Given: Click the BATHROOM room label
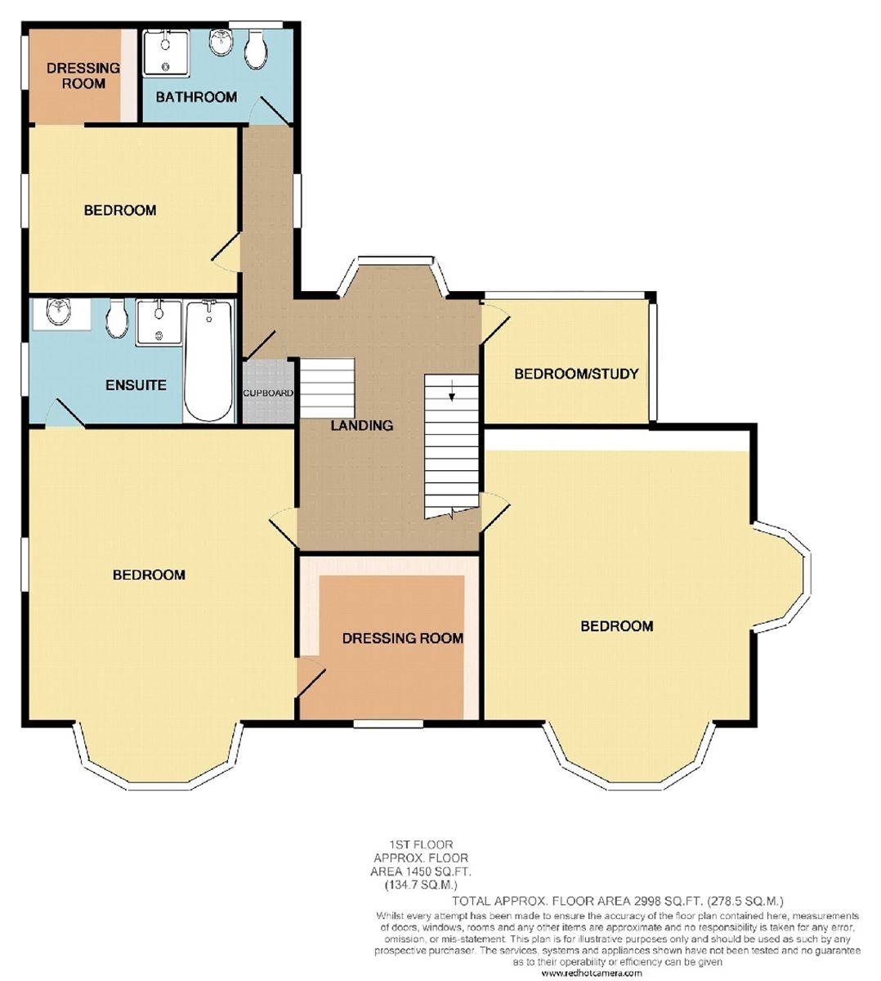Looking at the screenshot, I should (196, 97).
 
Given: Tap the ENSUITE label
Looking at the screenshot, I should (136, 384).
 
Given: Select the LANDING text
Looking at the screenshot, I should (361, 425).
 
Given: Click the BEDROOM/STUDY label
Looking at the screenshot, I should (575, 374).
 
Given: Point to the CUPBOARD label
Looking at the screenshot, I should (267, 393).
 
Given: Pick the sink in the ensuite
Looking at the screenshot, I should (59, 312).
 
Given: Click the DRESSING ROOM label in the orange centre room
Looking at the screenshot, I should (402, 638).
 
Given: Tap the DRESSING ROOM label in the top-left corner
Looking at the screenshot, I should (83, 75).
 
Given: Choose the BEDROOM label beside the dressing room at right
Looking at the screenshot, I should (616, 626).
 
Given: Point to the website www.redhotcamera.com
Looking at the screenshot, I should (591, 973).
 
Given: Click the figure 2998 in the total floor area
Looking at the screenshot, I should (652, 899).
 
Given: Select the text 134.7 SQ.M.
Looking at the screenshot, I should (420, 885).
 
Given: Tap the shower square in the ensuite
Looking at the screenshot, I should (159, 320).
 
